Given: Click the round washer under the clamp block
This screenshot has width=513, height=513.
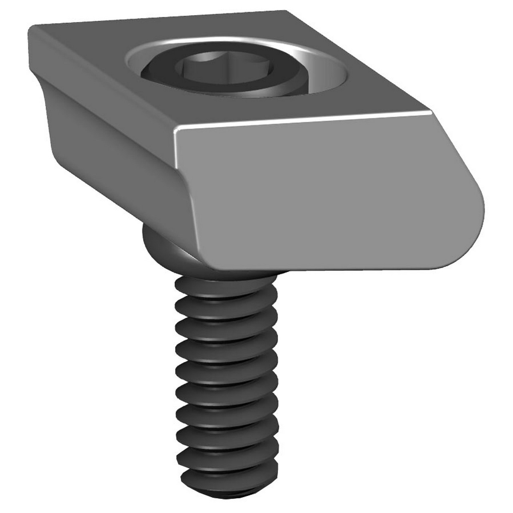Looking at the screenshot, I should pos(160,244).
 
